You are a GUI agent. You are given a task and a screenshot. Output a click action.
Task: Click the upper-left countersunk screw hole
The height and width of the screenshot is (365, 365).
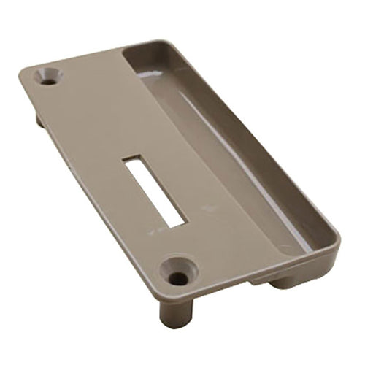50,77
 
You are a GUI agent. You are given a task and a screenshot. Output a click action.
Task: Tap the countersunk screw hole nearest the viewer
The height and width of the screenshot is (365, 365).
180,272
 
